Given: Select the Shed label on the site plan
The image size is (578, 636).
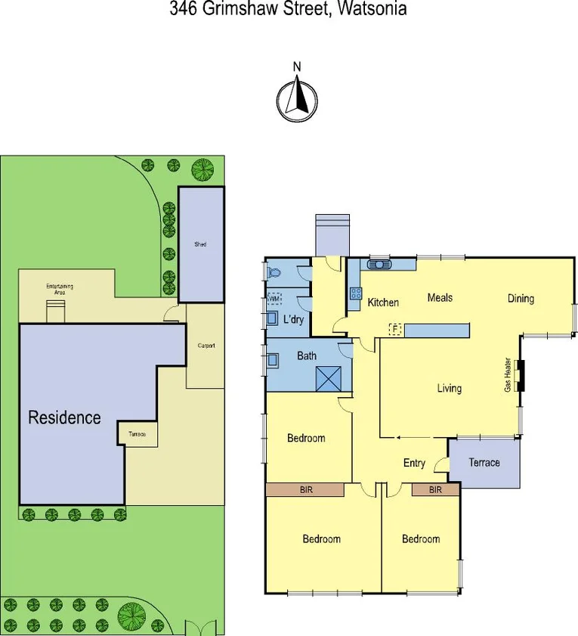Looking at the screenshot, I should (200, 244).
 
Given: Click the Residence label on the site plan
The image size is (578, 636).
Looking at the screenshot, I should (64, 417).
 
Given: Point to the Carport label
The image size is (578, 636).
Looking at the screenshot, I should (206, 346).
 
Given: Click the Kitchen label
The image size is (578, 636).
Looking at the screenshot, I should (383, 302).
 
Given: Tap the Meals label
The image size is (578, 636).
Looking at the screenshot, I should (440, 298).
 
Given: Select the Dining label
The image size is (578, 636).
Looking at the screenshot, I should (521, 298).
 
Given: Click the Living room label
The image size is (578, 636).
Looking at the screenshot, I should (449, 389).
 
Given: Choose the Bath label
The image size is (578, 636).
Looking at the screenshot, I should (306, 355).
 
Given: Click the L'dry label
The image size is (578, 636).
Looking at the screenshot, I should (293, 320).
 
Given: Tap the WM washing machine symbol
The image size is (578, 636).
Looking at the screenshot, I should (274, 299).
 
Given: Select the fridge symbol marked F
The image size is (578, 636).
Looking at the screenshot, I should (394, 329).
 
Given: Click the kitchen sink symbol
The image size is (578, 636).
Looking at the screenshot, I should (379, 264).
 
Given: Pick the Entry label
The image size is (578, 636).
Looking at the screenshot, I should (414, 464).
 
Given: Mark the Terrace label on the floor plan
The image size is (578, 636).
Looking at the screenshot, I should (484, 463).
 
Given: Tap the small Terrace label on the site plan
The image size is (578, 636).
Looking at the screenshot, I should (137, 434).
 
